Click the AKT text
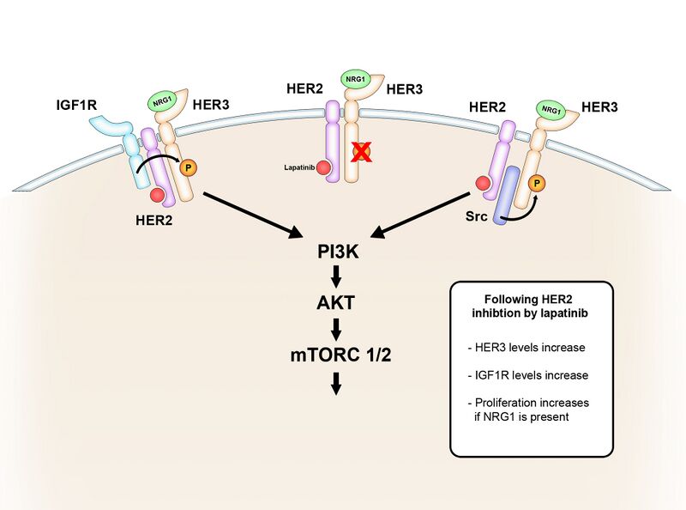tap(335, 303)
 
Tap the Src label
tap(478, 217)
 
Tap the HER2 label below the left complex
tap(155, 219)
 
